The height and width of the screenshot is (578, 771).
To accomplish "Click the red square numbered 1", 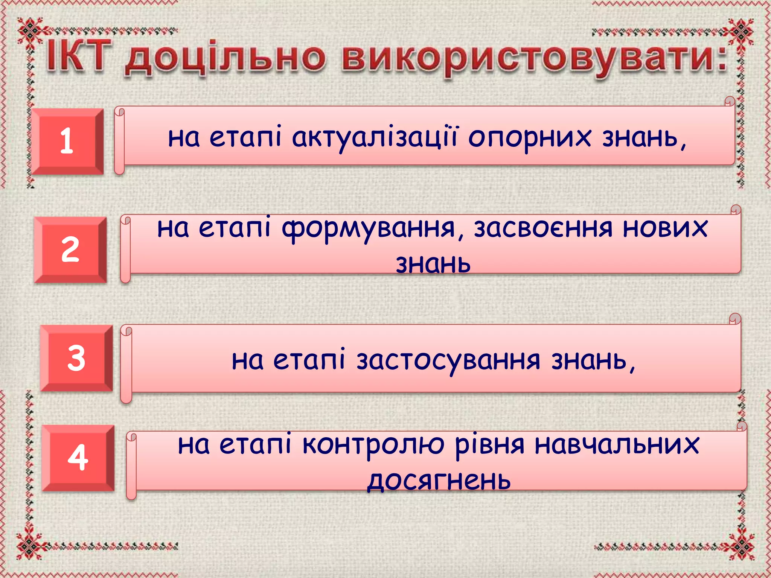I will tap(67, 141).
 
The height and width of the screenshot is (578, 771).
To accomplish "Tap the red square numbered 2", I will tap(70, 249).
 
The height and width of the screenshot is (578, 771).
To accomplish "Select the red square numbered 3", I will tap(76, 358).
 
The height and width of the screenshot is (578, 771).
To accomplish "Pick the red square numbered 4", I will tap(78, 458).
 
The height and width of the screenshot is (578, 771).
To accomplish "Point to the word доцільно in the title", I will tap(225, 59).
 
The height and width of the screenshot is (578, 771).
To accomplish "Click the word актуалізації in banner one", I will tap(375, 137).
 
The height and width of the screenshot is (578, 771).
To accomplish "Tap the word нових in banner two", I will tap(665, 228).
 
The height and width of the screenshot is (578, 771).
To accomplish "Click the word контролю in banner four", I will tap(373, 445).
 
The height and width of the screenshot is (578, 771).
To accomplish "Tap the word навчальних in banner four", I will tap(617, 444).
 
